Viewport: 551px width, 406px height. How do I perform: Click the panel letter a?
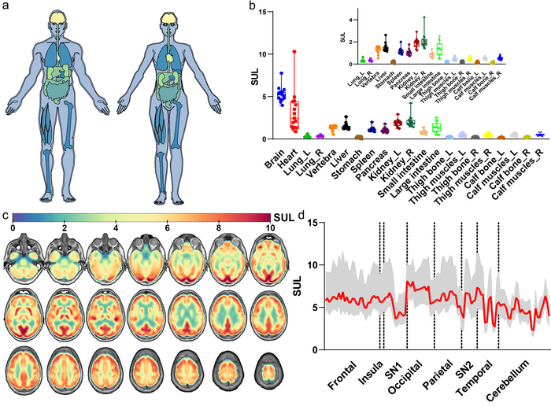6,7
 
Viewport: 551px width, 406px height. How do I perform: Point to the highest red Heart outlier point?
294,52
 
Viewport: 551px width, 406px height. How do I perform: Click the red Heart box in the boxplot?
294,114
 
